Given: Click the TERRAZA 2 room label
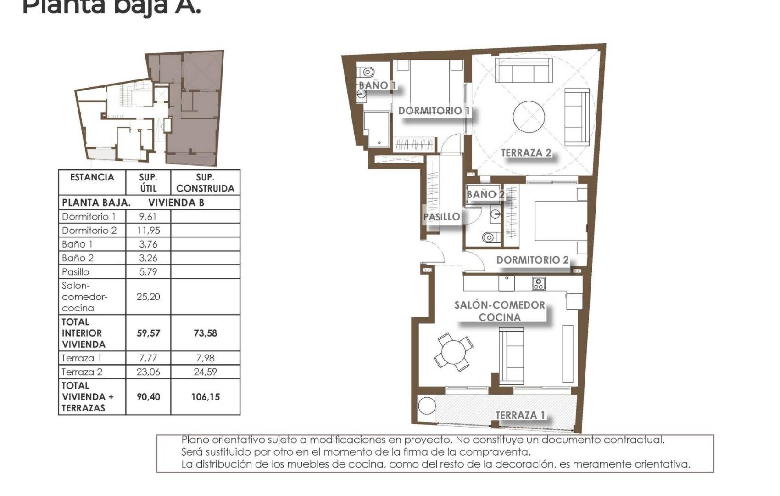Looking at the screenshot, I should (526, 153).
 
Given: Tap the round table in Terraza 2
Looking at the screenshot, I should (529, 117).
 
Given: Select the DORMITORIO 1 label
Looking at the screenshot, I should (434, 111).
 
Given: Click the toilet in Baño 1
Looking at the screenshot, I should (368, 72).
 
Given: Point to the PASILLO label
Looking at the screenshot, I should (441, 217).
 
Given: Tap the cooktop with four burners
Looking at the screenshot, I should (539, 284).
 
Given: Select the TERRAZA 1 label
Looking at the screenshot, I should (520, 415).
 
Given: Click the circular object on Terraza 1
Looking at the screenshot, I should (427, 406).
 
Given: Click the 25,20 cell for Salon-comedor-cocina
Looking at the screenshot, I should (148, 297).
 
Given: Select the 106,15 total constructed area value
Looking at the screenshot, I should (205, 397).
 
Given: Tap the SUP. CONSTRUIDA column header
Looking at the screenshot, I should (205, 183).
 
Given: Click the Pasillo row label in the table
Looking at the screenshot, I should (76, 272).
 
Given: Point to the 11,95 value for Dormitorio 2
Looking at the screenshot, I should (148, 231).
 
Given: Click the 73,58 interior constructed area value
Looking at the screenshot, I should (205, 333).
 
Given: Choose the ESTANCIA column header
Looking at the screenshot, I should (92, 177).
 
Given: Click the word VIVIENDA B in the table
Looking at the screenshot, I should (176, 203).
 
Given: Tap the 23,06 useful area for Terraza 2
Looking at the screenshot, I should (148, 372).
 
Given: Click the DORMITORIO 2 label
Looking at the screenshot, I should (532, 260).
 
